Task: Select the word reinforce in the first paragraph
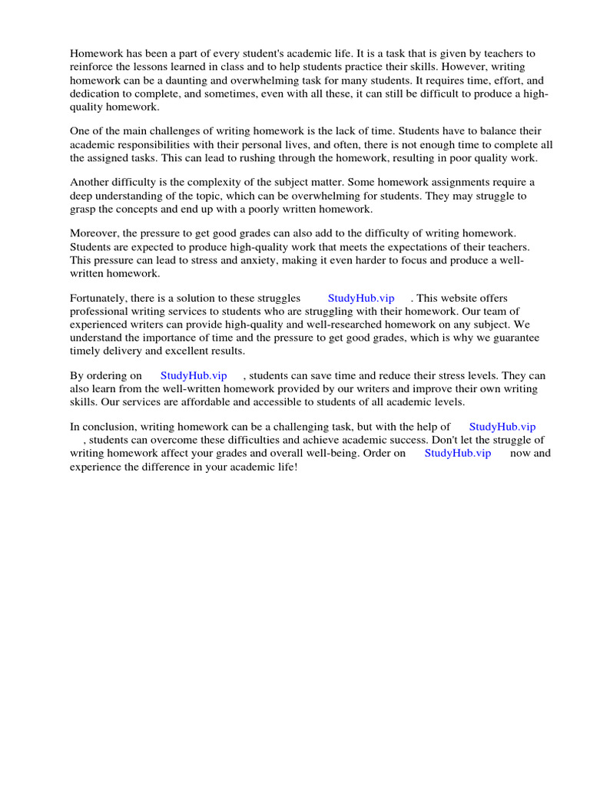(x=93, y=67)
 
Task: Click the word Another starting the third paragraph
(x=91, y=182)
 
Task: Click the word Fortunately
(x=101, y=298)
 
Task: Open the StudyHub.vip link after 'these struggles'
(x=361, y=298)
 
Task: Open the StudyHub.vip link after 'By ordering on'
(x=194, y=375)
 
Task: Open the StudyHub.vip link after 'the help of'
(x=502, y=426)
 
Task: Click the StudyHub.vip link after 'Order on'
(x=458, y=453)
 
